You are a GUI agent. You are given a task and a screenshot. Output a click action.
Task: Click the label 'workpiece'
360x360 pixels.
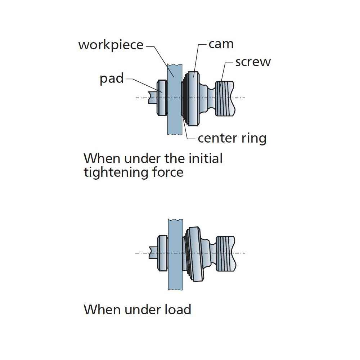click(x=111, y=45)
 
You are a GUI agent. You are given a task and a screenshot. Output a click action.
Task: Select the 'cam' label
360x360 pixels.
click(x=221, y=44)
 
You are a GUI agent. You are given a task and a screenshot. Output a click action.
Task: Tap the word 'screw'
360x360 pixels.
click(x=253, y=62)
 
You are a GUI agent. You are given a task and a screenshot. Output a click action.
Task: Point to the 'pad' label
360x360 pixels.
click(x=112, y=78)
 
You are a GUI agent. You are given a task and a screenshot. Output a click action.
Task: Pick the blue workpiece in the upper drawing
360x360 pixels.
click(x=174, y=108)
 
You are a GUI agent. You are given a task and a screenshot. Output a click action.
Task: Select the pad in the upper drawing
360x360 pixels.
click(x=162, y=98)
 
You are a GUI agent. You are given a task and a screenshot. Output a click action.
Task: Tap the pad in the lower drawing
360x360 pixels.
click(x=163, y=253)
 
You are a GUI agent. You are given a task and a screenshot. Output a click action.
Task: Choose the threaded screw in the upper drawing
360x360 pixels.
click(x=225, y=98)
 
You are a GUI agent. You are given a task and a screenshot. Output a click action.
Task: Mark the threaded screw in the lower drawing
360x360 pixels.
click(x=225, y=253)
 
